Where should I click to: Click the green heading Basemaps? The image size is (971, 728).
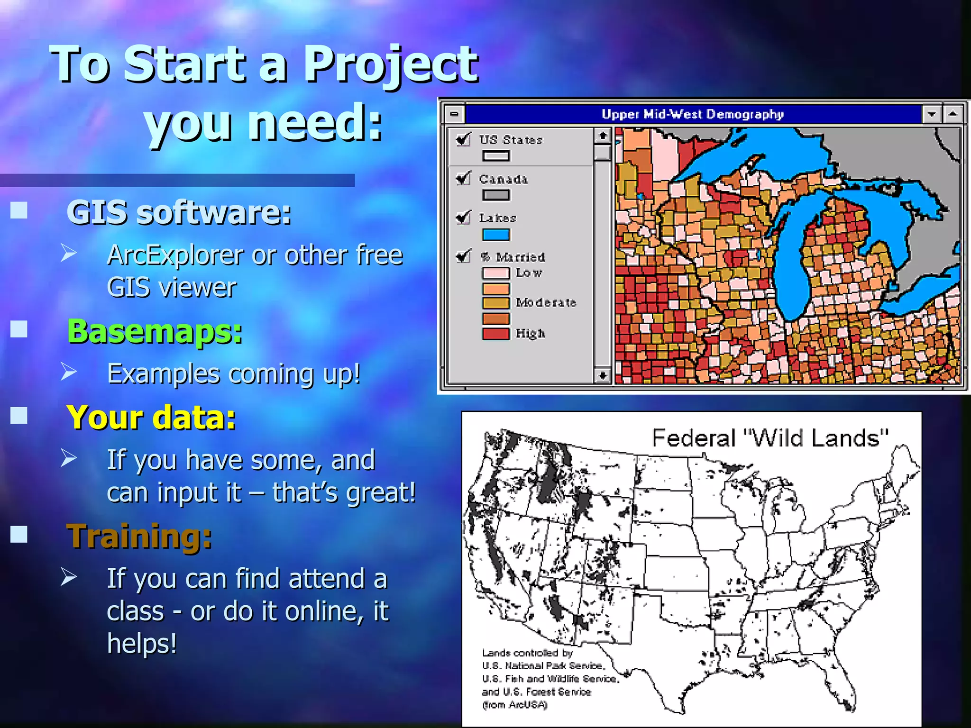pos(155,331)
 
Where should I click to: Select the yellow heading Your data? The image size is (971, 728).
pos(151,418)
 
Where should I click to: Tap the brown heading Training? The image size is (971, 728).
pos(139,537)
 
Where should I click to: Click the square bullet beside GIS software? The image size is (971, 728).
pos(19,210)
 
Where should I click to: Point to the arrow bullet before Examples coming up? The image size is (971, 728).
pos(68,372)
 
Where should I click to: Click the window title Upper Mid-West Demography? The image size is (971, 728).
pos(692,114)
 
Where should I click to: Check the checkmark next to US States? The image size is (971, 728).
pos(463,139)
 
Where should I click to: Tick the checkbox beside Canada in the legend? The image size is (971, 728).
pos(463,179)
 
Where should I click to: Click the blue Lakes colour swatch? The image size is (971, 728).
pos(496,235)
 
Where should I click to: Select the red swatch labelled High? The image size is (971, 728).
pos(496,334)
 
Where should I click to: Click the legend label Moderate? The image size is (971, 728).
pos(546,302)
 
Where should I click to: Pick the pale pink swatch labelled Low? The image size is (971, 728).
pos(496,273)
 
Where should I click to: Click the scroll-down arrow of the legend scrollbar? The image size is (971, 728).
pos(602,375)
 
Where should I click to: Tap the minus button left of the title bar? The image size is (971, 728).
pos(454,114)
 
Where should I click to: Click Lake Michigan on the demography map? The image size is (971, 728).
pos(792,265)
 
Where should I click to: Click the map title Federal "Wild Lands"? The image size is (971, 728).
pos(769,438)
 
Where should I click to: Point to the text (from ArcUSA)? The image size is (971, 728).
pos(514,705)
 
